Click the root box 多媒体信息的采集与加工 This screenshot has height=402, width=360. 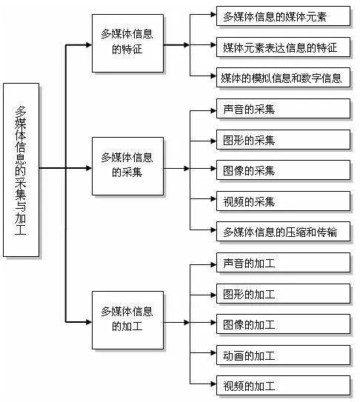(21, 170)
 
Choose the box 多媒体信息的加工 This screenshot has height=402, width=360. (127, 321)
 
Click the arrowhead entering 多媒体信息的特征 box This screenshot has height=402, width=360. (88, 45)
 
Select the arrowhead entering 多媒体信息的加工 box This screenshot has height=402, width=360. (88, 321)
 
